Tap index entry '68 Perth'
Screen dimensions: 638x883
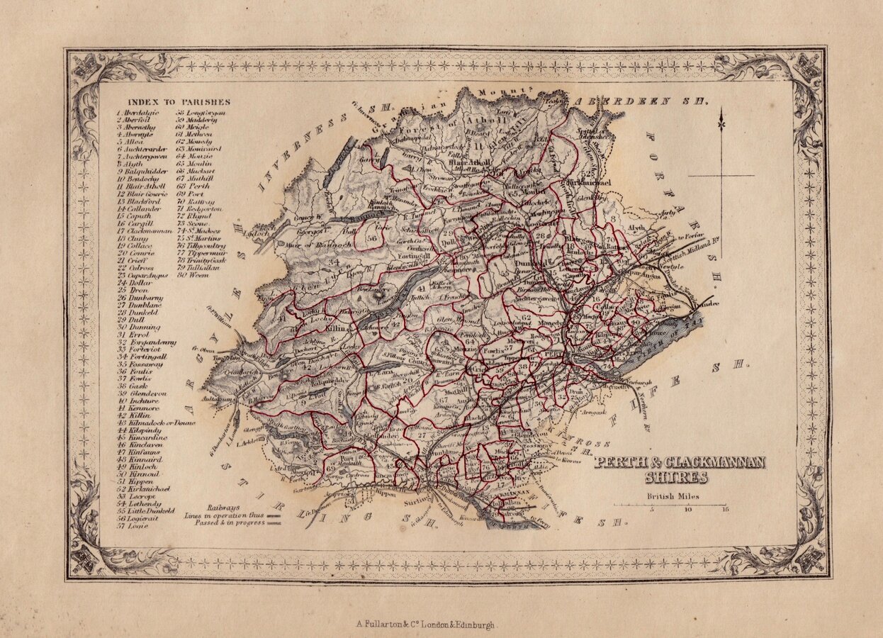tap(193, 186)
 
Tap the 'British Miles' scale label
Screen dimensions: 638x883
tap(673, 496)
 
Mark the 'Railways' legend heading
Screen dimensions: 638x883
tap(224, 508)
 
